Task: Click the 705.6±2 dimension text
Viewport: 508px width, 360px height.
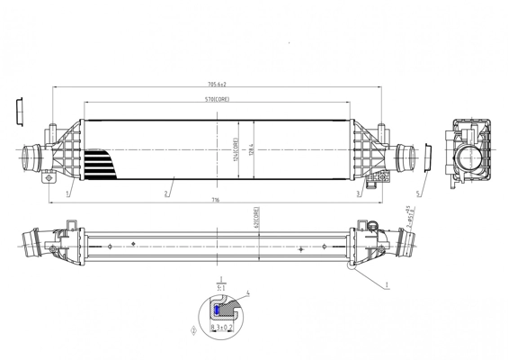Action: coord(216,85)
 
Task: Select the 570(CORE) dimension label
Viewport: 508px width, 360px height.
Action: coord(216,99)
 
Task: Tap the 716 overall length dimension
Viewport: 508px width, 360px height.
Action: coord(217,200)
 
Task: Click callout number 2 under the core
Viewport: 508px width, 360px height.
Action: coord(166,193)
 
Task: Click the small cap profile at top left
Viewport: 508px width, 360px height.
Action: coord(21,109)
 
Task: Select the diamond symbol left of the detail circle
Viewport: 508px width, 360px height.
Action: coord(193,329)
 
